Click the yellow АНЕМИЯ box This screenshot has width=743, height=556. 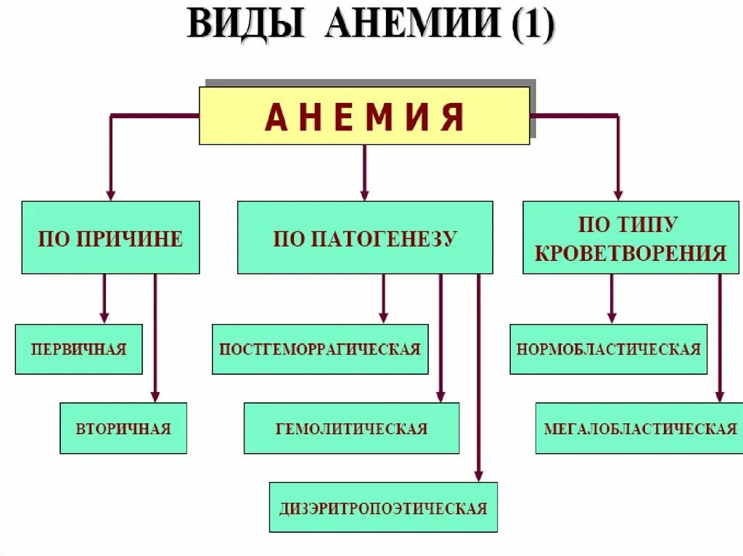[364, 116]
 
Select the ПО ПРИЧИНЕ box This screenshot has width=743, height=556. [110, 238]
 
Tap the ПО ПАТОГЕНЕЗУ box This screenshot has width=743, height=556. [365, 238]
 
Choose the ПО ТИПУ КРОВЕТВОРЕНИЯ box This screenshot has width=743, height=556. [630, 238]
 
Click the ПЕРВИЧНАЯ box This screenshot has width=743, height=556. [78, 349]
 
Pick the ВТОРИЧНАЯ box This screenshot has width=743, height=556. [123, 428]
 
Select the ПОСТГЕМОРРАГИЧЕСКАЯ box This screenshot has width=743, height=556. [320, 349]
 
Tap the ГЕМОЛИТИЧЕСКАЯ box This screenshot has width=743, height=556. [351, 428]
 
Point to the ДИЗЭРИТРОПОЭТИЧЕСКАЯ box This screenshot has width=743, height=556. [383, 507]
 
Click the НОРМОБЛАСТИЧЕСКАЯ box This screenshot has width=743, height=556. [608, 349]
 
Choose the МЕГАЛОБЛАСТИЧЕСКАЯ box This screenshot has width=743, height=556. [640, 428]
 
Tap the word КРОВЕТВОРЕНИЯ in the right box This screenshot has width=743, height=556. [630, 252]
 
